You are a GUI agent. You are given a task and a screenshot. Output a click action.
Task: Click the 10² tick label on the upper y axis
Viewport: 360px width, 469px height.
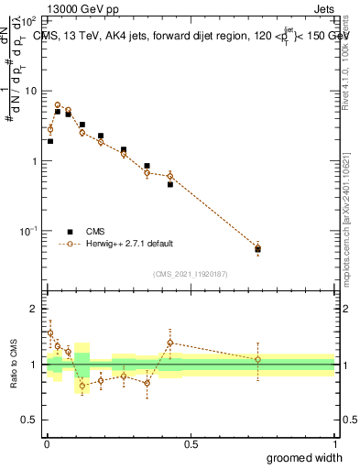29,20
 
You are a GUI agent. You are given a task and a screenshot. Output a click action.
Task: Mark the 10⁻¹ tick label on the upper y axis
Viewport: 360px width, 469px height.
28,231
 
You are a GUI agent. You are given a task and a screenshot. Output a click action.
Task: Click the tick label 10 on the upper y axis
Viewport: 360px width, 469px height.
31,91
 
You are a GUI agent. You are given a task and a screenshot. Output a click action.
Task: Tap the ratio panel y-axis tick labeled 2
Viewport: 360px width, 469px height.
34,309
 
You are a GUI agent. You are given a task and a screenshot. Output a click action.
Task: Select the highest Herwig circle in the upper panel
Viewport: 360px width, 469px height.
58,105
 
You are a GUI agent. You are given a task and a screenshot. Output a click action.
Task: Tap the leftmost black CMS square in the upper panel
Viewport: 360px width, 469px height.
49,141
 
